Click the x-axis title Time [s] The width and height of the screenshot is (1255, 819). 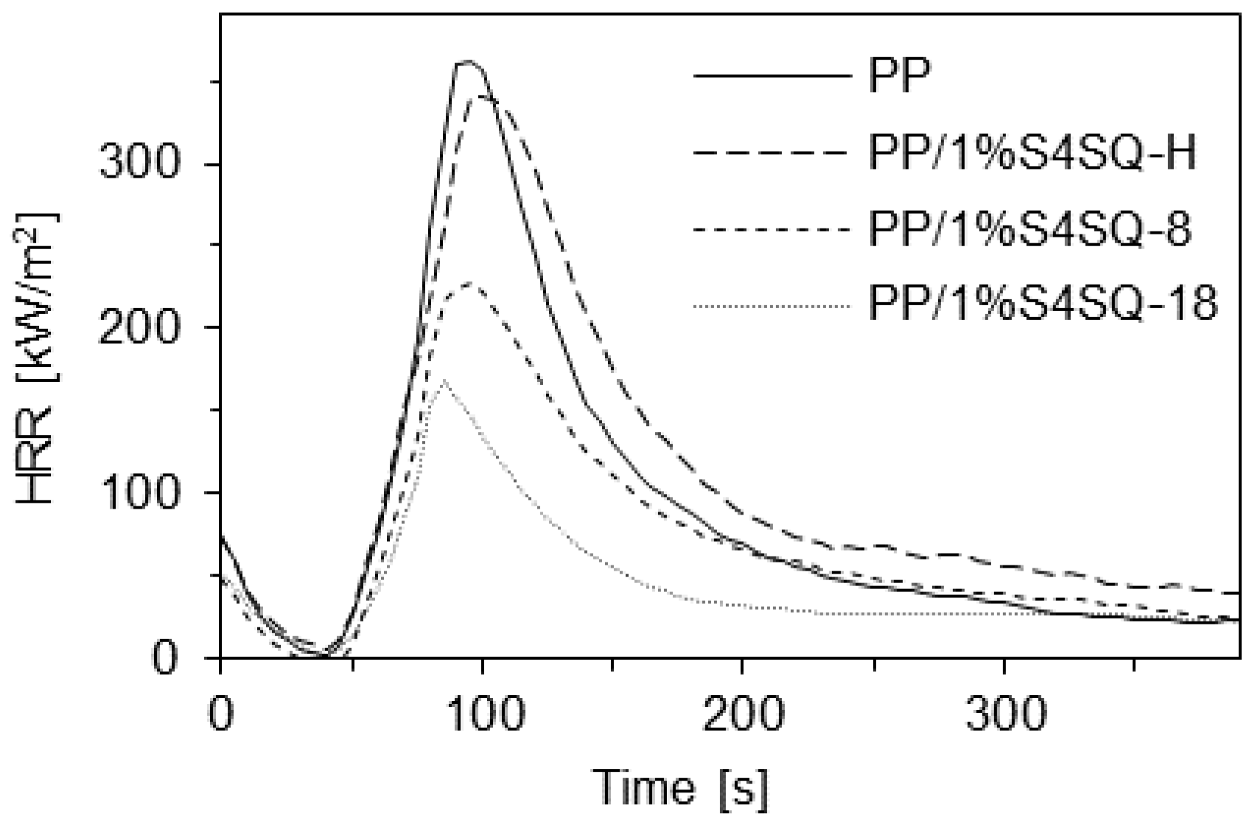[682, 787]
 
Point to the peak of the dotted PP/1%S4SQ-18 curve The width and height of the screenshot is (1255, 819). [442, 381]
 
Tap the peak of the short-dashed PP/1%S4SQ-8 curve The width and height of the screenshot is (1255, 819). [469, 283]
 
